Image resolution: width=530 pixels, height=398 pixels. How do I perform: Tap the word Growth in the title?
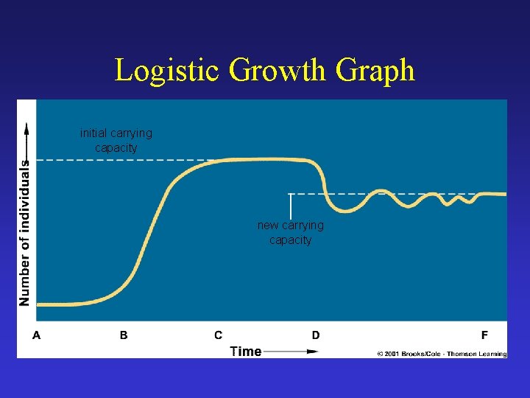[278, 71]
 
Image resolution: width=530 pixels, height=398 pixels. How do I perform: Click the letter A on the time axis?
[37, 335]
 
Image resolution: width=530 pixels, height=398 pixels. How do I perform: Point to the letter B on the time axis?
[124, 335]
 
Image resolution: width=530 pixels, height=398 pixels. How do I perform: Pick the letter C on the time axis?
[219, 335]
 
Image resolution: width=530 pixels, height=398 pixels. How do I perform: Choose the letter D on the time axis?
[316, 335]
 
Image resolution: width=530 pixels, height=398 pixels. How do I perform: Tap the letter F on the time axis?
[484, 335]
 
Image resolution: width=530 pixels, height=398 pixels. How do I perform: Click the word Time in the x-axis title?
[246, 351]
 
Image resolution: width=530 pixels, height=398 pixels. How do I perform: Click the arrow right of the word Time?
[291, 352]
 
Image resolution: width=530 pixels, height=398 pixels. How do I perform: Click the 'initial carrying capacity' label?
[116, 140]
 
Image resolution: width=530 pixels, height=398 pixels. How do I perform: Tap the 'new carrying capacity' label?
[291, 232]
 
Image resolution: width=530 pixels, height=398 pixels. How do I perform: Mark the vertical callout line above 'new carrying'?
[291, 206]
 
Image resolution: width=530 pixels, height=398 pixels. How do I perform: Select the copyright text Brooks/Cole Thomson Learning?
[442, 355]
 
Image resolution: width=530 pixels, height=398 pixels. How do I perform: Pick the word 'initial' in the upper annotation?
[95, 133]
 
